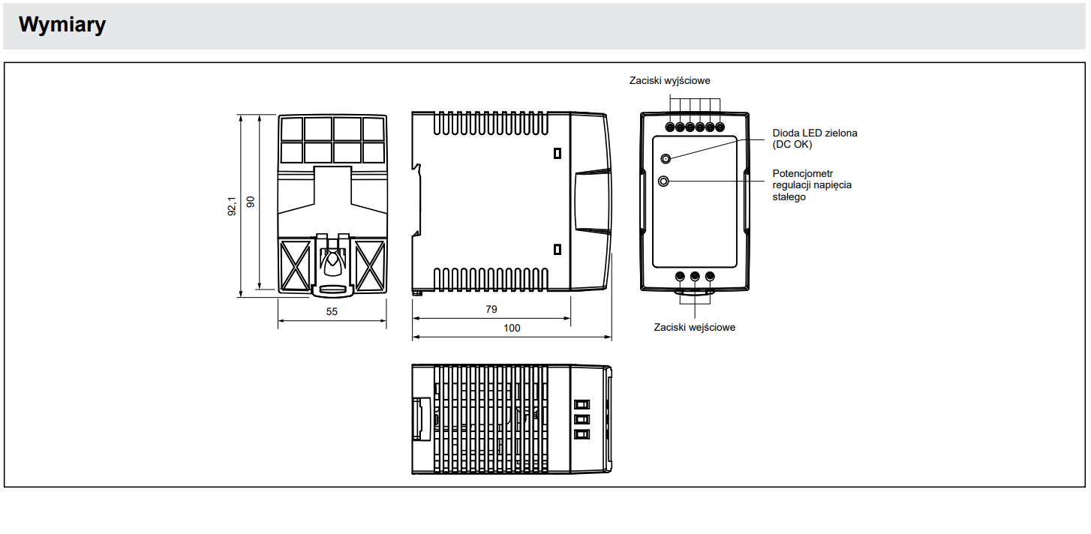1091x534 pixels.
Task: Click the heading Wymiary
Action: click(62, 24)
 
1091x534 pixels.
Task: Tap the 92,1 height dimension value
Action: click(232, 206)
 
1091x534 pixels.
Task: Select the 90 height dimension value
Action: click(251, 202)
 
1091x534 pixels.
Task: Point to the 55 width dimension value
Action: click(332, 311)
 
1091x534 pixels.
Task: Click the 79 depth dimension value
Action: click(491, 309)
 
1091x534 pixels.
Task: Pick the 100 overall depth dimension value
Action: click(512, 328)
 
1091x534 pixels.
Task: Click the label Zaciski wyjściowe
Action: click(670, 81)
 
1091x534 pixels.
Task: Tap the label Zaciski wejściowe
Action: click(695, 327)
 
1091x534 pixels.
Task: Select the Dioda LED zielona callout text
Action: click(815, 139)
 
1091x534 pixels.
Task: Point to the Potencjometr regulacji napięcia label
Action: click(812, 185)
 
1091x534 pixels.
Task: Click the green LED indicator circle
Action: click(666, 159)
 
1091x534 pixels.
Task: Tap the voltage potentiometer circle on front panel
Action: click(663, 181)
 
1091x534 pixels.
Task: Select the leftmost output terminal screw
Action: click(670, 127)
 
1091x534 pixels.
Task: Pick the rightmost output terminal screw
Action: click(720, 127)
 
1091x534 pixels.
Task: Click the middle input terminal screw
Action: click(695, 277)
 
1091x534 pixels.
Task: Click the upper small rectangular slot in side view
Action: click(558, 153)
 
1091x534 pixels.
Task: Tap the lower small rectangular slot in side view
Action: click(558, 249)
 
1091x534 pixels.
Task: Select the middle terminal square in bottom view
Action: click(582, 419)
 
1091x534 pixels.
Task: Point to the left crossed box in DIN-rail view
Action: click(295, 266)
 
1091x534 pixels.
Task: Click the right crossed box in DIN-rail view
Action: click(370, 266)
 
